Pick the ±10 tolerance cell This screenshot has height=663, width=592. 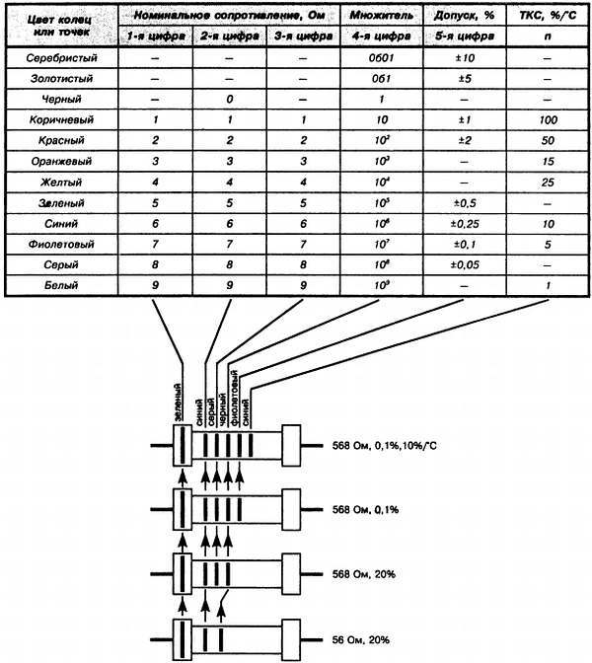[462, 58]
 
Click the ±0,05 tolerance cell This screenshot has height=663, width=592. [462, 265]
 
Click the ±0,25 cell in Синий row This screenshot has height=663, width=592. [462, 224]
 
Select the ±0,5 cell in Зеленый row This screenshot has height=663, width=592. [462, 203]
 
